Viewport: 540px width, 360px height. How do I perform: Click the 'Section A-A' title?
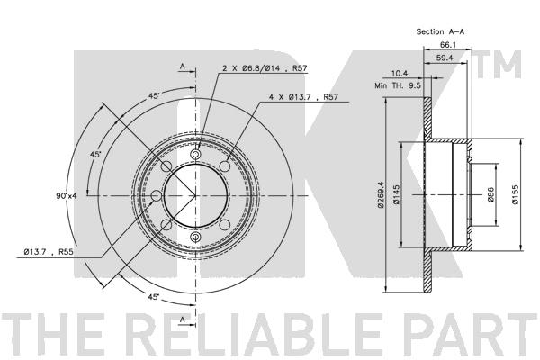pos(440,31)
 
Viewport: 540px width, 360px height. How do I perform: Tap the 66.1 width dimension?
pos(447,45)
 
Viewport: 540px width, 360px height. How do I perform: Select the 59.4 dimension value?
pos(445,58)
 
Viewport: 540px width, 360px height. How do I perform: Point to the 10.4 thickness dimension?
pos(400,73)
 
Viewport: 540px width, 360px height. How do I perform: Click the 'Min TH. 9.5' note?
pos(398,85)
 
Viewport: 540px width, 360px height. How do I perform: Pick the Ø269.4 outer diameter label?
pos(381,195)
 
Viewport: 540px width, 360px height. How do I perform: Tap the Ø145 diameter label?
pos(396,195)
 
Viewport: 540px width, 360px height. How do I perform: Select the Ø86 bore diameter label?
pos(490,195)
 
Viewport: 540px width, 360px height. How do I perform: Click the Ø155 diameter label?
pos(515,195)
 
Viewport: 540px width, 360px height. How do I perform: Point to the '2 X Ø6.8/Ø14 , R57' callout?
pos(265,68)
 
